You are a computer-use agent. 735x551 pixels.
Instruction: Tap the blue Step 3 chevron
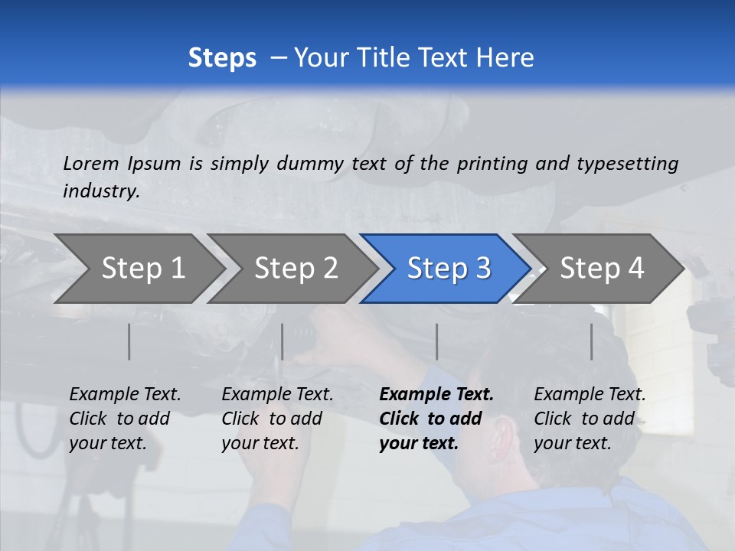pyautogui.click(x=449, y=269)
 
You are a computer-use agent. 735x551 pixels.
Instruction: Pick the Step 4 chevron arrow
pyautogui.click(x=602, y=269)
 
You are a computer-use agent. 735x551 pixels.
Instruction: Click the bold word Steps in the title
pyautogui.click(x=222, y=58)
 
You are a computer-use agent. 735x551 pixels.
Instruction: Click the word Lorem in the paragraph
pyautogui.click(x=91, y=163)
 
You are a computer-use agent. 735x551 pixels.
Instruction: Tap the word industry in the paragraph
pyautogui.click(x=101, y=191)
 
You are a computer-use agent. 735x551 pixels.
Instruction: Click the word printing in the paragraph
pyautogui.click(x=488, y=163)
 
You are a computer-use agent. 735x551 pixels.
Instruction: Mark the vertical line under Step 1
pyautogui.click(x=129, y=341)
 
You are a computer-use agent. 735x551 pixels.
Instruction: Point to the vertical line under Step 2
pyautogui.click(x=283, y=341)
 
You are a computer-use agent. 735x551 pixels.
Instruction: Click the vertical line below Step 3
pyautogui.click(x=436, y=341)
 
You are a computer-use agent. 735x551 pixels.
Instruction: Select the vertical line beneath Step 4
pyautogui.click(x=591, y=341)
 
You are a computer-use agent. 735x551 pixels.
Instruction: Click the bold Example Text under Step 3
pyautogui.click(x=436, y=395)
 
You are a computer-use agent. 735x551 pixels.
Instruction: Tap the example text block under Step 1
pyautogui.click(x=125, y=419)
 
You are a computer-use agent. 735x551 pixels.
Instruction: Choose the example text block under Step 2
pyautogui.click(x=277, y=419)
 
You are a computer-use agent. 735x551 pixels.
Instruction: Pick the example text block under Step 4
pyautogui.click(x=590, y=419)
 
